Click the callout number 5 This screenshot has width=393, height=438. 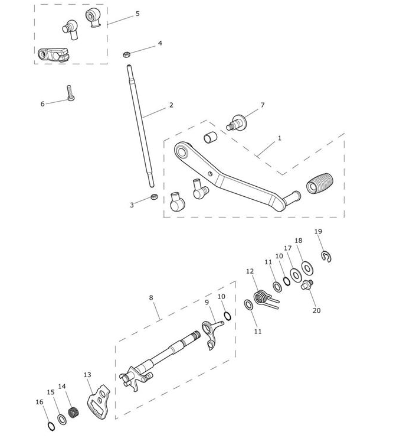[x=137, y=14]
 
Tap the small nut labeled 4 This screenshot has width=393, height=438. [x=127, y=54]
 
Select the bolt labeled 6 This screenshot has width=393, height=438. [x=70, y=93]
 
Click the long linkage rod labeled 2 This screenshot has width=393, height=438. [x=140, y=126]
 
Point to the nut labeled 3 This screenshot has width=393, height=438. [x=154, y=197]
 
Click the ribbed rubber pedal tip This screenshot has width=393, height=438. [x=320, y=183]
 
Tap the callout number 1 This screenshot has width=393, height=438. [x=280, y=138]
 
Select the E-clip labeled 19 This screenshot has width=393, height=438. [x=326, y=257]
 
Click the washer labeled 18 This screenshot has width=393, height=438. [x=307, y=268]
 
